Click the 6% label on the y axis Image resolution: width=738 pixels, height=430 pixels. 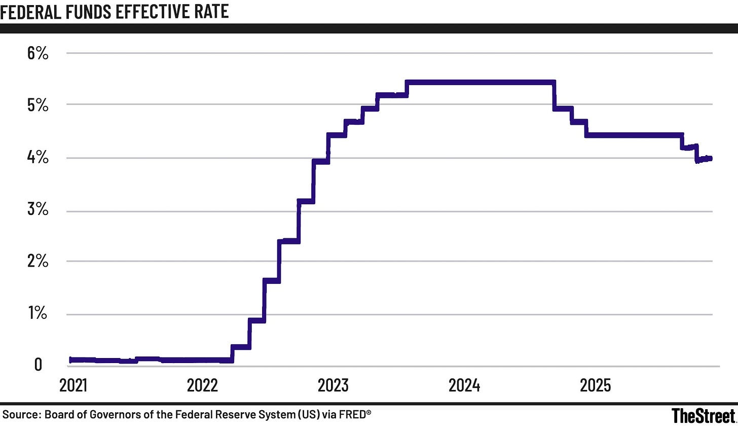[x=38, y=53]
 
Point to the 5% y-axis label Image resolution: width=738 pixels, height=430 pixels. [x=38, y=105]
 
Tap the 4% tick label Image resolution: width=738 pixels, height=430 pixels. [x=38, y=158]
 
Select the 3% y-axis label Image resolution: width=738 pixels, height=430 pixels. [x=38, y=209]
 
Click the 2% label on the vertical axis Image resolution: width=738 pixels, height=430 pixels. [x=38, y=261]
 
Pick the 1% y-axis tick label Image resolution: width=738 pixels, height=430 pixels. [x=38, y=313]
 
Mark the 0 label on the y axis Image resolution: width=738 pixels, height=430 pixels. [x=38, y=364]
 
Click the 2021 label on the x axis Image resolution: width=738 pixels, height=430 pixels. [x=73, y=385]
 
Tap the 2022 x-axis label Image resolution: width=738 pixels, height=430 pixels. [x=202, y=385]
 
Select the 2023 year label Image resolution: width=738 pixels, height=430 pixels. [x=333, y=385]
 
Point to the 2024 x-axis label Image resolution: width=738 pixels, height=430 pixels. [x=464, y=385]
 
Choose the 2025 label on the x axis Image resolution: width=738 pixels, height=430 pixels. [x=596, y=385]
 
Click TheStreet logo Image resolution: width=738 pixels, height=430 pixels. [x=703, y=416]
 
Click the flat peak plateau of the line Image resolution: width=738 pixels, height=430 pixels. [x=481, y=82]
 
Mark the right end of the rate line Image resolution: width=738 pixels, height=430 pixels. [x=711, y=159]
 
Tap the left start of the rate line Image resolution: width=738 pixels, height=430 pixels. [x=71, y=360]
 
